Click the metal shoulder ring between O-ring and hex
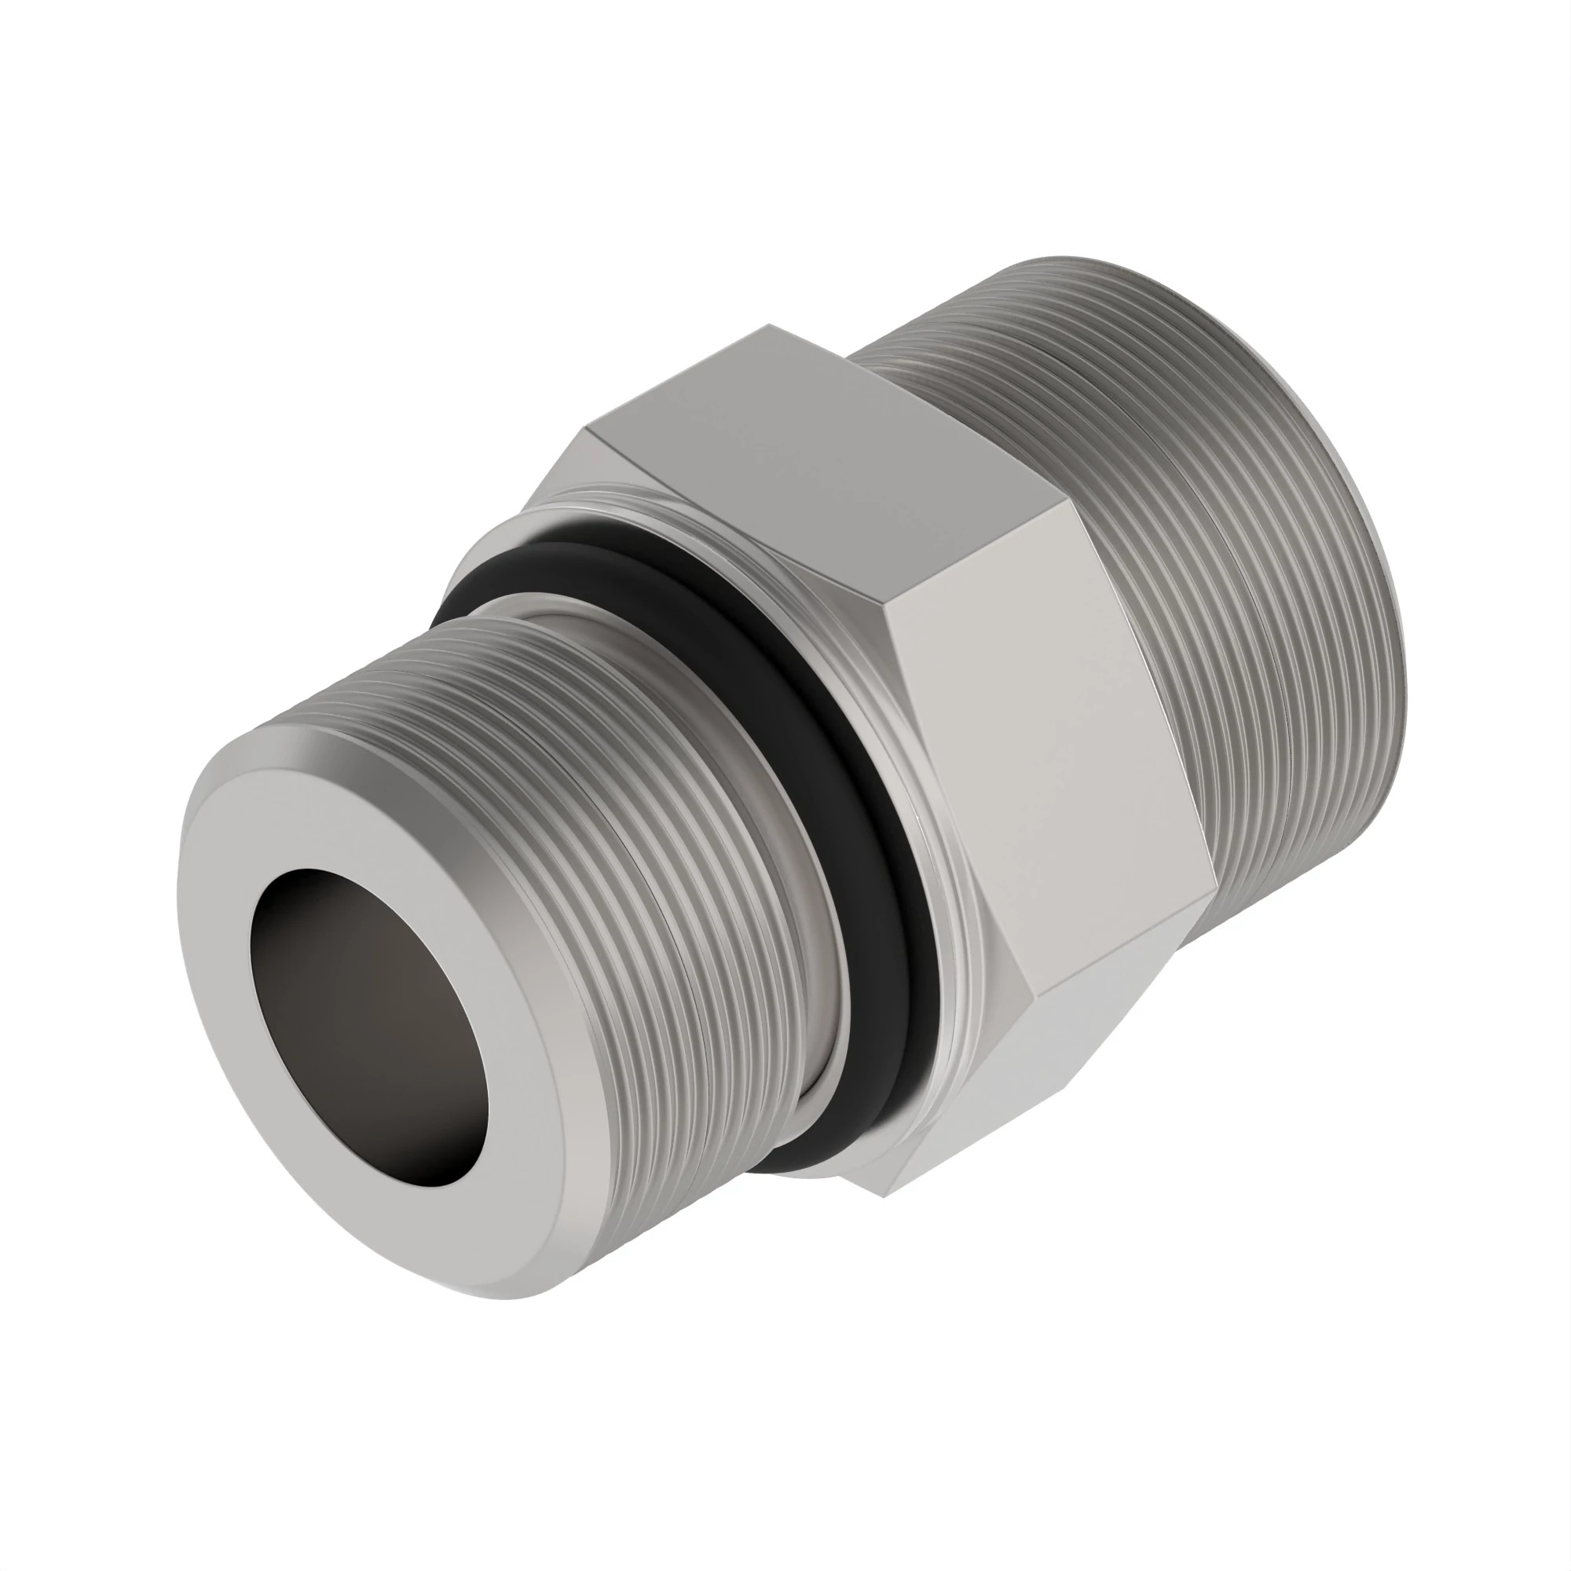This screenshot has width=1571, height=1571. (x=935, y=976)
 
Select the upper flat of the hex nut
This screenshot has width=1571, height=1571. (x=822, y=463)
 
